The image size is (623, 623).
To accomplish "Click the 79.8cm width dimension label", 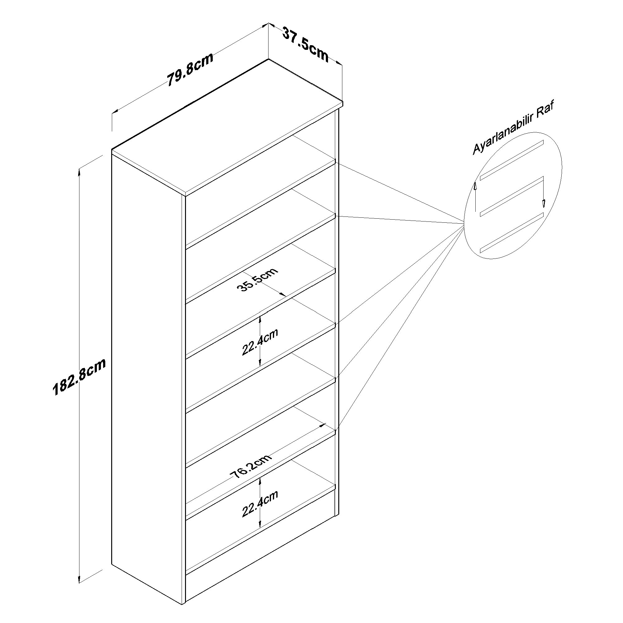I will coord(190,70).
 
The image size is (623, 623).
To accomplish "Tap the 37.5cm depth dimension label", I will coord(305,44).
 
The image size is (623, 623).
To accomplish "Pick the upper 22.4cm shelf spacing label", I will coord(259,342).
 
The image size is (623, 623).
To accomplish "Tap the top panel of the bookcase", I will coord(227,127).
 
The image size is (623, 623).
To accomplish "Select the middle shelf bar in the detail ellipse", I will coord(512,196).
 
